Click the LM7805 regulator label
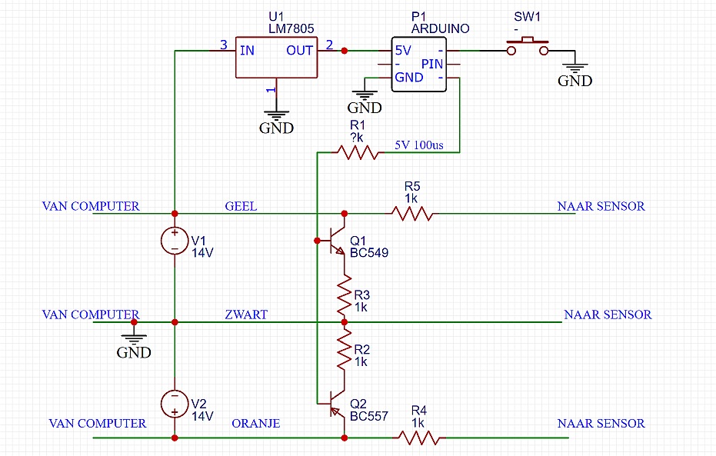pyautogui.click(x=291, y=28)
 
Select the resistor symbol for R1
pyautogui.click(x=358, y=152)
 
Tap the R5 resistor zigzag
pyautogui.click(x=411, y=214)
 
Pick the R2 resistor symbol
pyautogui.click(x=345, y=350)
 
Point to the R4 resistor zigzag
pyautogui.click(x=418, y=438)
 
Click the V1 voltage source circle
pyautogui.click(x=175, y=241)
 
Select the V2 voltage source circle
pyautogui.click(x=175, y=404)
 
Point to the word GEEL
pyautogui.click(x=241, y=206)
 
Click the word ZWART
pyautogui.click(x=246, y=315)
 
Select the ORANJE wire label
pyautogui.click(x=255, y=424)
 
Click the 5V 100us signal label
pyautogui.click(x=419, y=145)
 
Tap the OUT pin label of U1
pyautogui.click(x=300, y=51)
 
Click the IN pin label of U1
pyautogui.click(x=247, y=51)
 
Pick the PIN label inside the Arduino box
pyautogui.click(x=432, y=65)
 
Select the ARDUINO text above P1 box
pyautogui.click(x=440, y=28)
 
